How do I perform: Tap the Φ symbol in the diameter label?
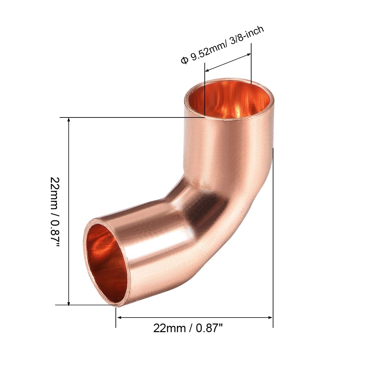coord(184,60)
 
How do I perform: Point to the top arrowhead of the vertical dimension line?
coord(69,120)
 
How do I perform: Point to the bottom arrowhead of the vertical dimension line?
coord(69,303)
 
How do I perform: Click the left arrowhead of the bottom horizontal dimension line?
coord(119,317)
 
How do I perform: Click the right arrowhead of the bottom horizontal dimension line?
coord(270,317)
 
